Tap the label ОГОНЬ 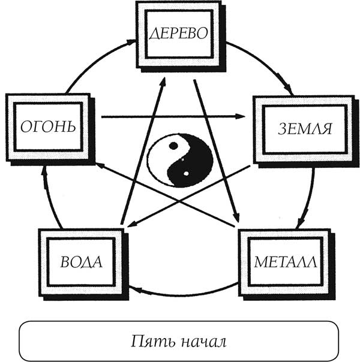47,126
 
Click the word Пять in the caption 151,343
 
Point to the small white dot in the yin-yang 187,174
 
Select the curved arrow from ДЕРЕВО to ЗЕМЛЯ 264,63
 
